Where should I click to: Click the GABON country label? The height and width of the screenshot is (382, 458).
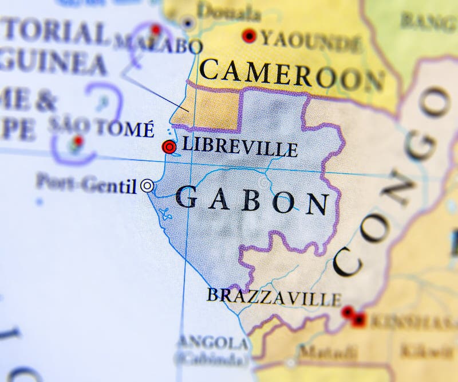(252, 201)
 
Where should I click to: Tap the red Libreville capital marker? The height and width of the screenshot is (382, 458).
(169, 147)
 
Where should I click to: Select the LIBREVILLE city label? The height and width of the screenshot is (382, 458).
(239, 147)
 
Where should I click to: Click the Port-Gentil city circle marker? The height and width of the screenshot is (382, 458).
(147, 185)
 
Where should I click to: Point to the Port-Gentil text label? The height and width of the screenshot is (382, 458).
(86, 184)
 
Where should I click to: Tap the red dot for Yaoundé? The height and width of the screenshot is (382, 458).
(248, 36)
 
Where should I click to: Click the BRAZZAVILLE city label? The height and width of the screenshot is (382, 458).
(274, 297)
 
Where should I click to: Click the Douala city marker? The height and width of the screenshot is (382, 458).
(187, 23)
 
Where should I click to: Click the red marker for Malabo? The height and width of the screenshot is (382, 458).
(155, 29)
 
